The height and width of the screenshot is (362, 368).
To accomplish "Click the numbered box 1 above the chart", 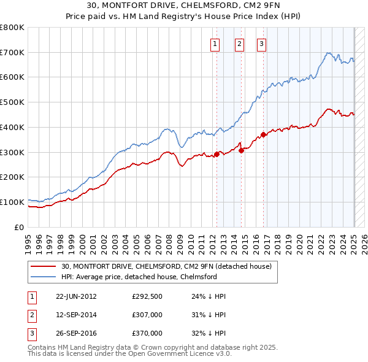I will pos(216,44).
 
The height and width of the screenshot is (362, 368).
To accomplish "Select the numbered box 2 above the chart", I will pos(239,44).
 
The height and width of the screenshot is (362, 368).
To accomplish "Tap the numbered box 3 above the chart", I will pos(261,44).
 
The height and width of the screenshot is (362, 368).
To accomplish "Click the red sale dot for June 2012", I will pos(217,154).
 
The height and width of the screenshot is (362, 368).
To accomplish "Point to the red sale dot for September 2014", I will pos(241,150).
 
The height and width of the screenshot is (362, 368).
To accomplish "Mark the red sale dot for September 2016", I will pos(263,134).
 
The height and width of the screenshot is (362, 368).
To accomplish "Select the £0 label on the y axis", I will pos(20,227).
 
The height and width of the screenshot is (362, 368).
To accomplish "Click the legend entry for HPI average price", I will pos(139,277).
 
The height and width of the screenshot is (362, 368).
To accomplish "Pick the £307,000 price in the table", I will pos(147,315).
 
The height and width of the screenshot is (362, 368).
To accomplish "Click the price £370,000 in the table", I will pos(147,333).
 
